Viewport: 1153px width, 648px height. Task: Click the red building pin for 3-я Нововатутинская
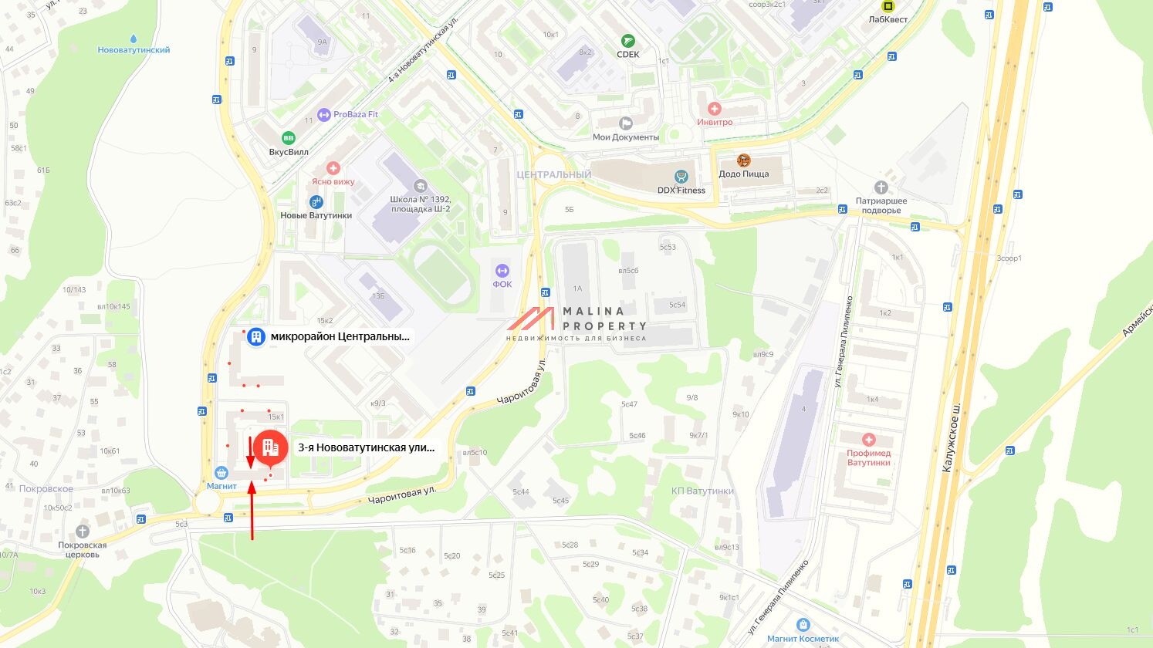270,447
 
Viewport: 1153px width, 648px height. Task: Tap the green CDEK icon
628,41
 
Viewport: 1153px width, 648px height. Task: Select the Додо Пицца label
743,174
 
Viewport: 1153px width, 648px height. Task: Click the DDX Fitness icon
681,177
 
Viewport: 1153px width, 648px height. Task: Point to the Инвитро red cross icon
715,109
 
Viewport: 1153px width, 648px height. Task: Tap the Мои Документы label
625,137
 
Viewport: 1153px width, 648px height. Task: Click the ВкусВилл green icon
288,138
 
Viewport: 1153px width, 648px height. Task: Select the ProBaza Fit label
355,114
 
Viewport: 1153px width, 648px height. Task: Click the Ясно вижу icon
333,168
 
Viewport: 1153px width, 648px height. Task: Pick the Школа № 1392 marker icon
420,186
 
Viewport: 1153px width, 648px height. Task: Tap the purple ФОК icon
502,270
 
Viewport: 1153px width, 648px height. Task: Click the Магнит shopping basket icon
221,473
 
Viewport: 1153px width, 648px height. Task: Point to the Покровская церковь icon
83,532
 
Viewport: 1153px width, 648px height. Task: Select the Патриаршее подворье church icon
881,187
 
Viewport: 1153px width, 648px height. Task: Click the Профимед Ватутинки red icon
868,440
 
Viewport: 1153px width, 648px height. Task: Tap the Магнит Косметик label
803,639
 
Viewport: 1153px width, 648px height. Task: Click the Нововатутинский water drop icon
134,38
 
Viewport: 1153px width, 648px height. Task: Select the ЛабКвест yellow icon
888,6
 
